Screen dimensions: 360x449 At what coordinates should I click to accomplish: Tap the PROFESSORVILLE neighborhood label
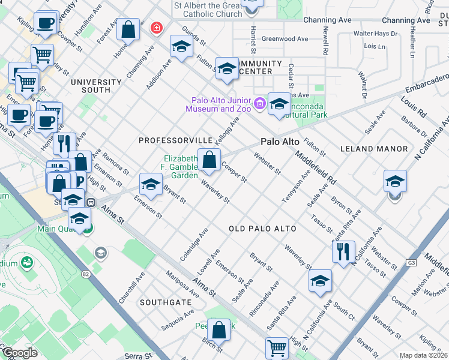tap(172, 140)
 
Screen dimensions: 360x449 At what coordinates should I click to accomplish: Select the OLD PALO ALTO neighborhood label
tap(262, 229)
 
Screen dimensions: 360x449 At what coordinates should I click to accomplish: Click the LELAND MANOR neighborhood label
tap(373, 148)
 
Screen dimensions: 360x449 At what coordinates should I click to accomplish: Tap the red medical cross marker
tap(157, 28)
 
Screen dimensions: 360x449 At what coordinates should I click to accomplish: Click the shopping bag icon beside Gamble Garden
tap(209, 160)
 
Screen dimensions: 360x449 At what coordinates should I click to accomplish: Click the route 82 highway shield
tap(86, 274)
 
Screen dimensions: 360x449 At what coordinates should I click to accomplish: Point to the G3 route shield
tap(411, 262)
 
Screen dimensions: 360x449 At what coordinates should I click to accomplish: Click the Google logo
tap(20, 353)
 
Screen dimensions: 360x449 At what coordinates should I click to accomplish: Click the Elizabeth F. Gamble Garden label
tap(180, 167)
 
